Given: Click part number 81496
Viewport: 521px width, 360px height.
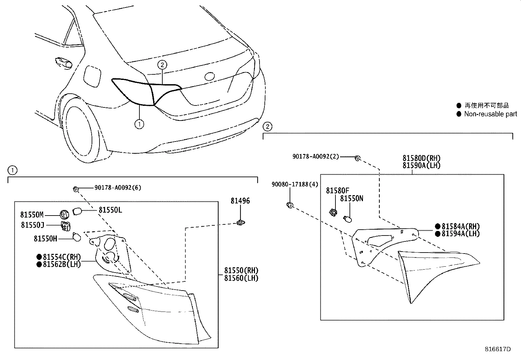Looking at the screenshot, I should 240,201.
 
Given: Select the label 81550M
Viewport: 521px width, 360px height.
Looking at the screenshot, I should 32,215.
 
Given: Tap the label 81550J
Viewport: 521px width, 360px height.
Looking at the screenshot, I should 32,225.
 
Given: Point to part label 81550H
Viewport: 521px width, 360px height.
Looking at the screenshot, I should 45,239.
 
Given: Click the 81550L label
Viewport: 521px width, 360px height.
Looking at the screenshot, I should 110,210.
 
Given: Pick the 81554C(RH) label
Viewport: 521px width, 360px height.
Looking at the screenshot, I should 62,257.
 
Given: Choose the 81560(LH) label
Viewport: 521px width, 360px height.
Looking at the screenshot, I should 241,278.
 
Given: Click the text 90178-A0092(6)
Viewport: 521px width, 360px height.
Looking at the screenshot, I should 118,188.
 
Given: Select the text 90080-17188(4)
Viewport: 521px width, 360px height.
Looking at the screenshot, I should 295,184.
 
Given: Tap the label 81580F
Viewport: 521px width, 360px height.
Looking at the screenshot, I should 337,191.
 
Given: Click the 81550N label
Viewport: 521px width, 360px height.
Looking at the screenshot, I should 351,199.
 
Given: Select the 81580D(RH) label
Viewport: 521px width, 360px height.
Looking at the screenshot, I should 421,159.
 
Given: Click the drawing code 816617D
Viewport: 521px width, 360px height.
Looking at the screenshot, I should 497,349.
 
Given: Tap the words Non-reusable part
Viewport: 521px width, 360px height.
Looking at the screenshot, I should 490,114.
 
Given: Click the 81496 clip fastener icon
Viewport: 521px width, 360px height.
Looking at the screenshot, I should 241,223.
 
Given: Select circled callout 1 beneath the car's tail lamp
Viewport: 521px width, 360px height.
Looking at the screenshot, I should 139,124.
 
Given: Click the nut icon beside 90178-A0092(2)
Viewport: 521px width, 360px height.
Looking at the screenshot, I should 357,159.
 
